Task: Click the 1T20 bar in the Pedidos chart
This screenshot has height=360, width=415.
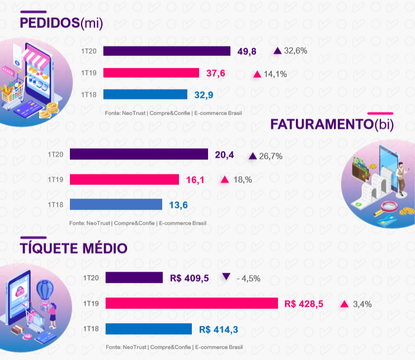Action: coord(167,51)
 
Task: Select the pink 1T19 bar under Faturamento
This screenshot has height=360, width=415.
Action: coord(124,179)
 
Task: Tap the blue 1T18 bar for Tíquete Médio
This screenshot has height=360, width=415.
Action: coord(148,329)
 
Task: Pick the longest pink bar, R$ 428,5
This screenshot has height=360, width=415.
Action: coord(192,303)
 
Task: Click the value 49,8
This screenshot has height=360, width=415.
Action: coord(247,51)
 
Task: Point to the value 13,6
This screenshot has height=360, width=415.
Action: coord(178,205)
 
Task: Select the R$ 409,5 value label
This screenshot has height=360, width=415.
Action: coord(189,278)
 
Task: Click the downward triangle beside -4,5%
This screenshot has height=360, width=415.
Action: coord(226,277)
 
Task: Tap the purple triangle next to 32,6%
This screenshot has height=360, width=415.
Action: coord(277,51)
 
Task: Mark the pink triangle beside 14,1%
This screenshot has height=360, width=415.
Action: coord(257,74)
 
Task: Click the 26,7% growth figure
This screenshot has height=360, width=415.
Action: coord(271,157)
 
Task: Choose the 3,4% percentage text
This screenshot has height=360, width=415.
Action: coord(362,304)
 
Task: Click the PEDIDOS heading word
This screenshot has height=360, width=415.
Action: coord(50,23)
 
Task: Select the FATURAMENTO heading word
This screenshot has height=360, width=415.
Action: coord(322,124)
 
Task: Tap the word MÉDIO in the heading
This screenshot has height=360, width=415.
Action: coord(105,248)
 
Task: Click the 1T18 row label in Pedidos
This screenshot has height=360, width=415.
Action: coord(89,94)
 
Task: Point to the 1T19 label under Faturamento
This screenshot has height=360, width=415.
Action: coord(55,179)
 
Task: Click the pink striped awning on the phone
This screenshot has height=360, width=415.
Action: coord(35,59)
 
